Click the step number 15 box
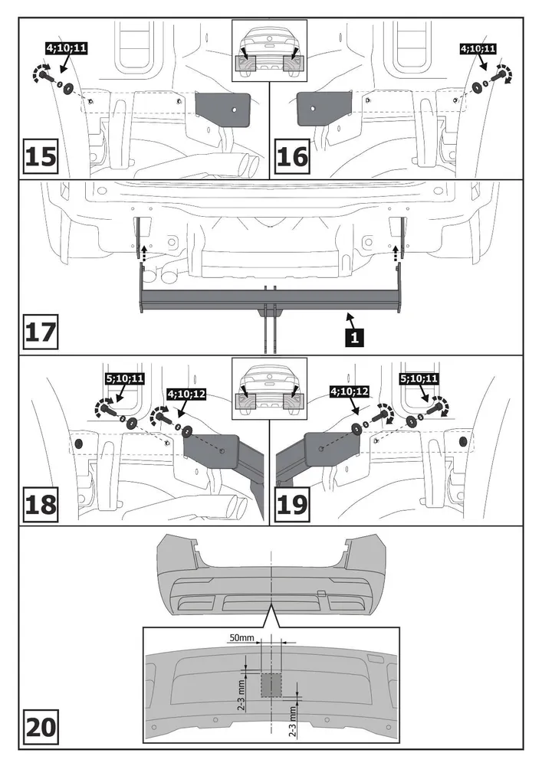41,156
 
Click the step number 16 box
292,156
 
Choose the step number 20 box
41,726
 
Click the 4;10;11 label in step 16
478,48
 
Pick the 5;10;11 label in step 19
419,378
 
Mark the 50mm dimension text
241,637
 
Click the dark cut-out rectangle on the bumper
271,684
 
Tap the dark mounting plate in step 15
223,110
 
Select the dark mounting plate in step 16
321,110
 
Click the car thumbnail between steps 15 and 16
270,51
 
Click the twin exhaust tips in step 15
248,162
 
